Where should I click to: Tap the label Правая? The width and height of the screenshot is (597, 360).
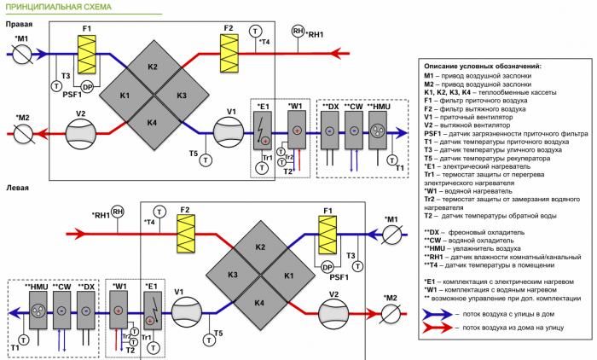pos(20,25)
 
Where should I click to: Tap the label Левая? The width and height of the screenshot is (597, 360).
pos(18,185)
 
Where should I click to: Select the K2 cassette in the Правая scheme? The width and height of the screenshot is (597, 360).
pos(152,67)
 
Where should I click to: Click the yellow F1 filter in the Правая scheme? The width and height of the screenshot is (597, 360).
pos(86,57)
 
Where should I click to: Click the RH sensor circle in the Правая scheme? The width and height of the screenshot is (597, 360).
pos(298,31)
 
